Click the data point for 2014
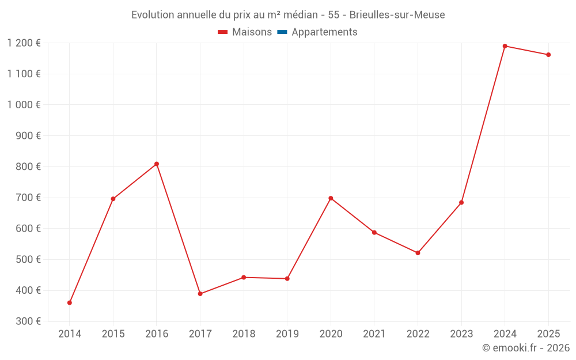(x=70, y=302)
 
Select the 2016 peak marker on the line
(x=157, y=164)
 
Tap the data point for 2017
(x=200, y=294)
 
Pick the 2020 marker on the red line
(x=331, y=198)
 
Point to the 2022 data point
(x=418, y=253)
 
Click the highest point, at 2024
(x=505, y=46)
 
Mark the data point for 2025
(x=548, y=55)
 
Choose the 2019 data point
(x=287, y=279)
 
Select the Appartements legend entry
(x=324, y=32)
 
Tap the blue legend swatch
(x=282, y=32)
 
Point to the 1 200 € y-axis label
(x=24, y=43)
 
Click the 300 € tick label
(x=29, y=321)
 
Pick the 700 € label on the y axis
(x=29, y=198)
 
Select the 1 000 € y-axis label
(x=24, y=105)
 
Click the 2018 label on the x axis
(x=244, y=334)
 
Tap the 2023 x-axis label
(x=461, y=334)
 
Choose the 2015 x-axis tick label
(x=113, y=334)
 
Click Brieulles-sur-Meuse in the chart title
(x=397, y=15)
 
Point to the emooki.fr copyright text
(x=526, y=348)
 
